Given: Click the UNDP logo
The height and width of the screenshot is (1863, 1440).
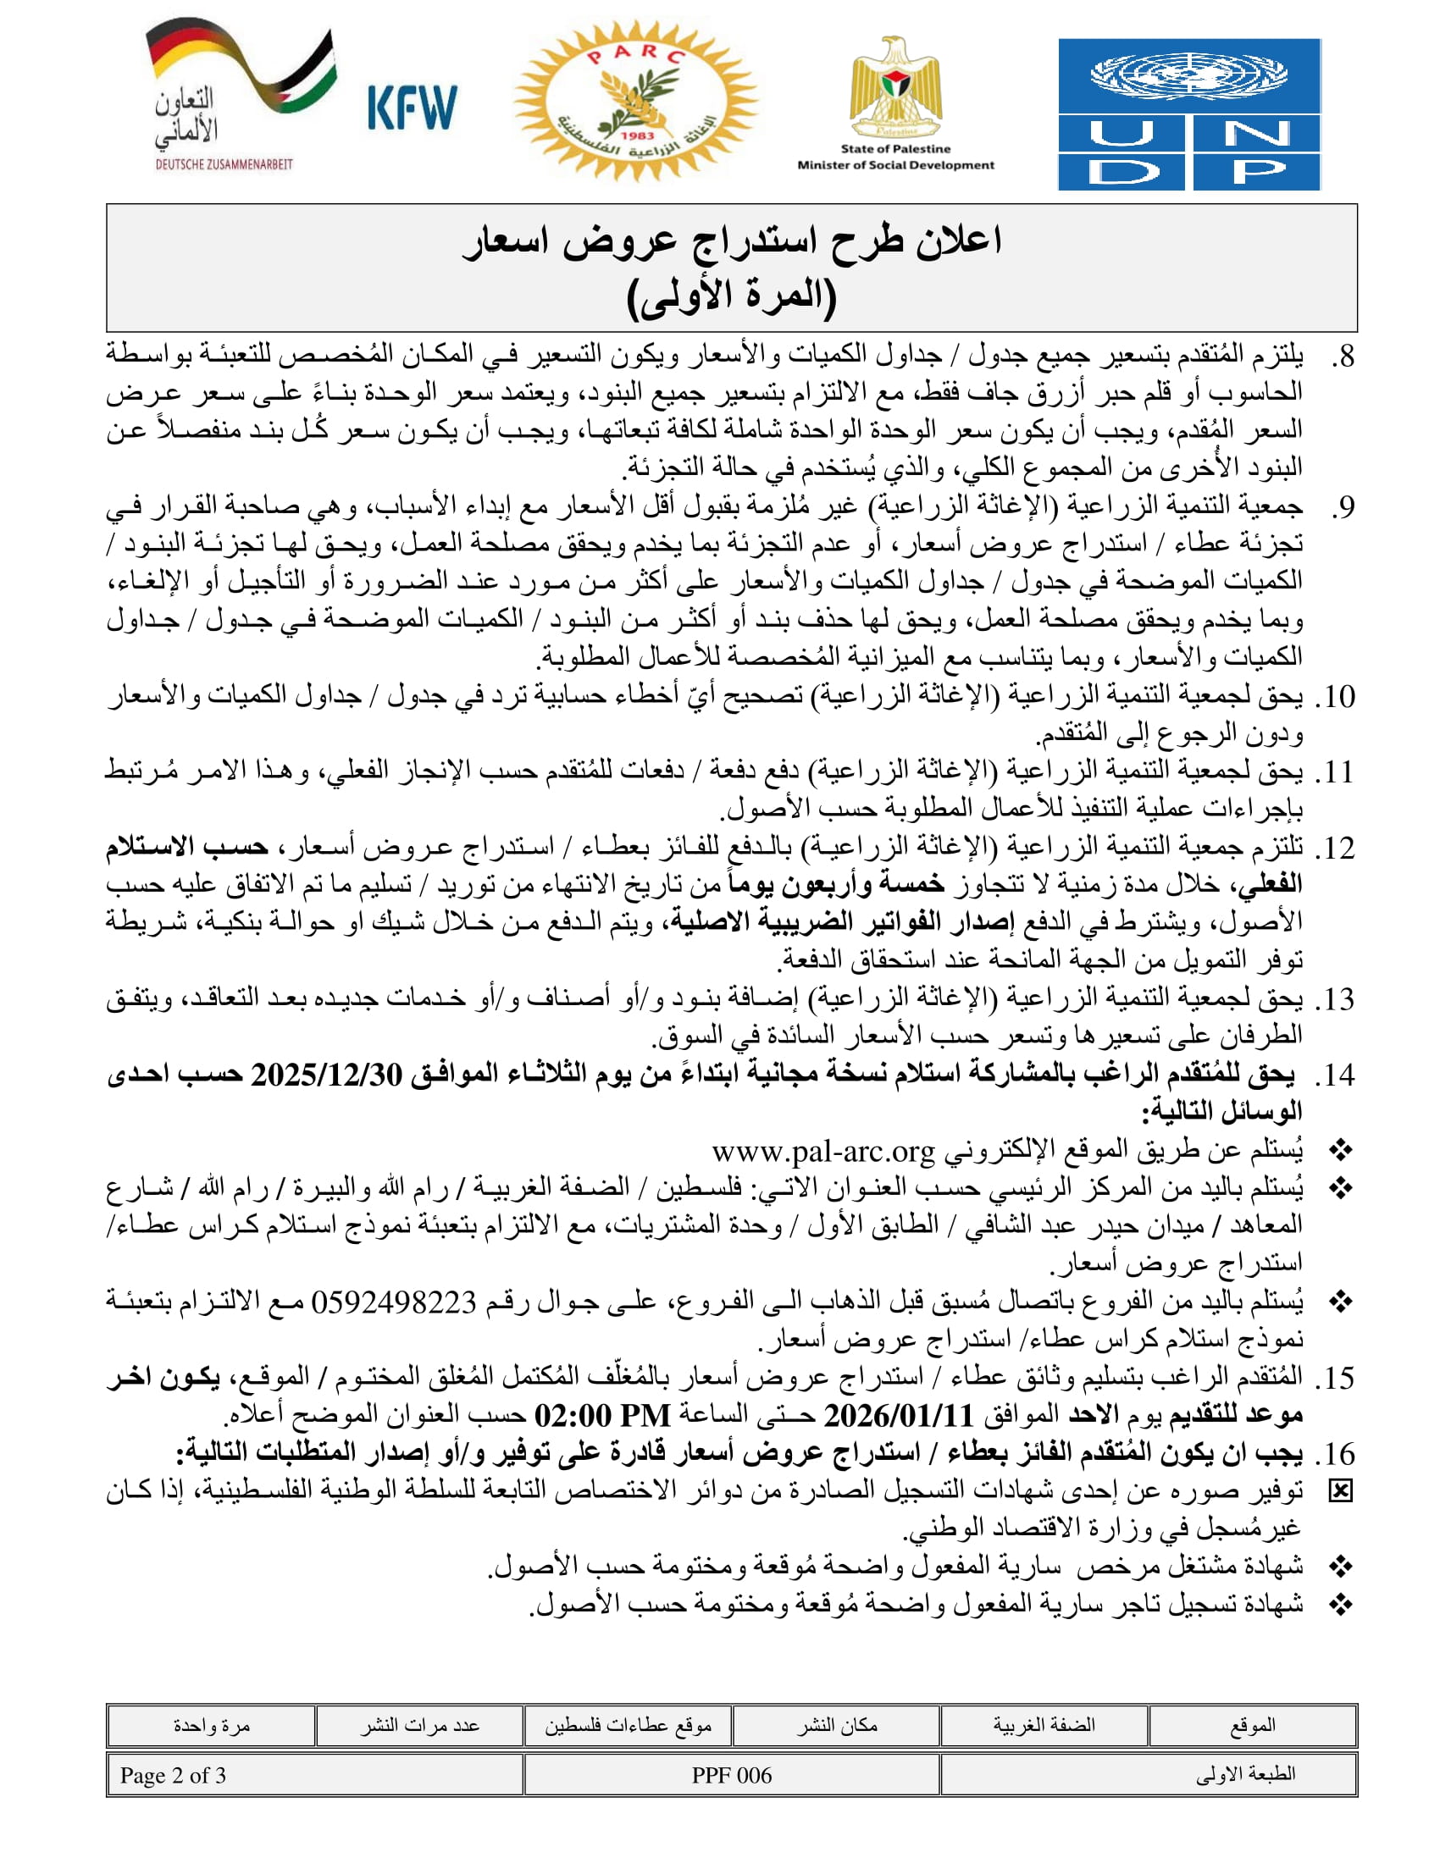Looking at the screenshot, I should [1188, 113].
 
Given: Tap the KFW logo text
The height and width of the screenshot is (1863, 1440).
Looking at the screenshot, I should [412, 108].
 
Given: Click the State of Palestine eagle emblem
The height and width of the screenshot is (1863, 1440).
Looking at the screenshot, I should [895, 90].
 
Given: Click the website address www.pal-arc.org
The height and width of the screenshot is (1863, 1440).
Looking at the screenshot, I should [823, 1152].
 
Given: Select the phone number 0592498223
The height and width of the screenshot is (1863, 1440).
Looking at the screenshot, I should [393, 1302].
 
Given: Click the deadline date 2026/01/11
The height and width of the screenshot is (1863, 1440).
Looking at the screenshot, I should [898, 1417].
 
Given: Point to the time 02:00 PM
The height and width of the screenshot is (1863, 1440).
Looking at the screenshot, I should [602, 1417].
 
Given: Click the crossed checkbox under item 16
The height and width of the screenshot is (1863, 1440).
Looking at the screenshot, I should [1341, 1491].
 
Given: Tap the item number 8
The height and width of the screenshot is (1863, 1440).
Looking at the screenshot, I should [1344, 357].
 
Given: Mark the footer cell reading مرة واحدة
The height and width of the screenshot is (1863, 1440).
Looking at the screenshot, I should [212, 1726].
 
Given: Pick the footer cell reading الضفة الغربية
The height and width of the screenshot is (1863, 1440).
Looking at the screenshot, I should [1044, 1726].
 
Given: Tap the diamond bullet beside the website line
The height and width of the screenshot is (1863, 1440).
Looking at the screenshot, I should [1341, 1152].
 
